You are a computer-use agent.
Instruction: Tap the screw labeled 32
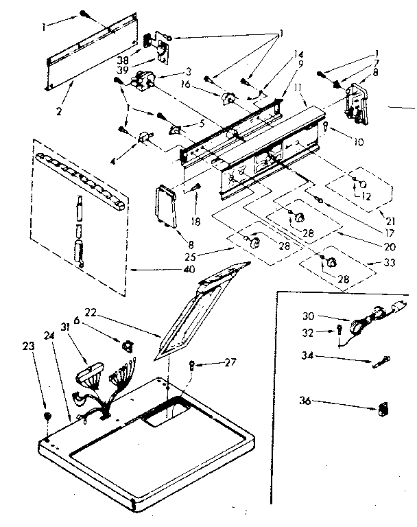point(338,333)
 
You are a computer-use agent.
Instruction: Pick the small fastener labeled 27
point(193,365)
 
